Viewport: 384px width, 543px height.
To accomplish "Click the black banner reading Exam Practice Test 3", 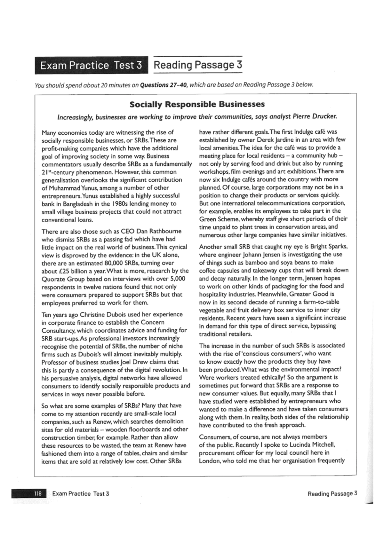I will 91,66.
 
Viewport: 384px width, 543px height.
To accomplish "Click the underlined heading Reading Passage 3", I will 198,65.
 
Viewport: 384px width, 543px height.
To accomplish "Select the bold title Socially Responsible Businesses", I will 197,104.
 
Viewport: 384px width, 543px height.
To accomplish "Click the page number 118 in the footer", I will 38,493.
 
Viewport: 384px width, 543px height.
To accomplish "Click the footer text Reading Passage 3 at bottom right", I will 332,493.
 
